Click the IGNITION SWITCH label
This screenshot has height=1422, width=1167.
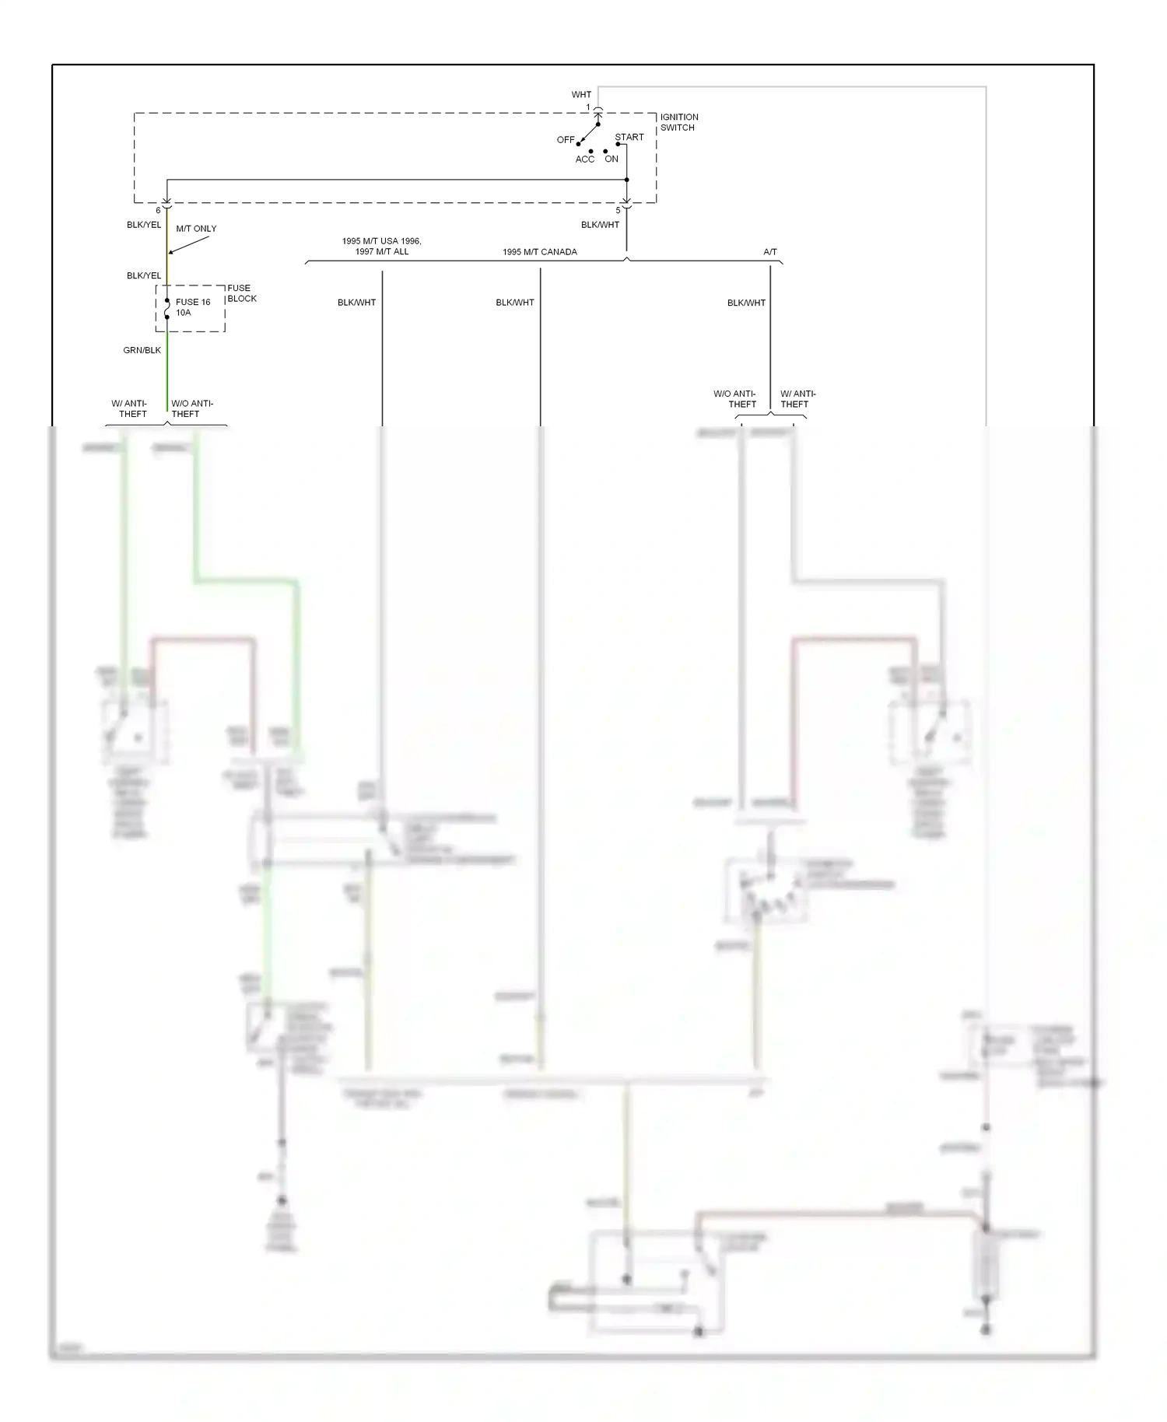tap(678, 122)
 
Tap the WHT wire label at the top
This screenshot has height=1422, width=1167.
tap(581, 95)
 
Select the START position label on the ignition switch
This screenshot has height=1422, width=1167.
tap(629, 137)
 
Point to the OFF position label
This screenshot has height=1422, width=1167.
tap(566, 140)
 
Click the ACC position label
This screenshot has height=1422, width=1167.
tap(585, 159)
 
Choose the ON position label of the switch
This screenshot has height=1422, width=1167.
tap(612, 159)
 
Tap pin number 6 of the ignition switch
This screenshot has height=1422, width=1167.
tap(158, 211)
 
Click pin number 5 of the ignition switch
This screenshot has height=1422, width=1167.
tap(619, 211)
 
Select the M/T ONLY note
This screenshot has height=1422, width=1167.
tap(196, 229)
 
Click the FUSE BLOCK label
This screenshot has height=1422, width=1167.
tap(241, 293)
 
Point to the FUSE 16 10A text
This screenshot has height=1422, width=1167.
tap(192, 307)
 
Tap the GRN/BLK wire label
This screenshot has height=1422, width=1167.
tap(142, 350)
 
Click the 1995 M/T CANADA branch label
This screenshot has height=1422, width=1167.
tap(539, 252)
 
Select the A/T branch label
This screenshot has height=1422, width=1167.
tap(769, 252)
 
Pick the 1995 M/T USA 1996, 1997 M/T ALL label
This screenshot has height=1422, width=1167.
tap(381, 247)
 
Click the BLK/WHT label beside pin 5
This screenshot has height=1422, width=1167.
tap(600, 225)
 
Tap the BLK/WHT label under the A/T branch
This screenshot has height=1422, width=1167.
tap(746, 303)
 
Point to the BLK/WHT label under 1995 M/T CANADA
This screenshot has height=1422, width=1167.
tap(515, 303)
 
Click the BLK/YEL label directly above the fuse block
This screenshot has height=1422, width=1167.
tap(144, 275)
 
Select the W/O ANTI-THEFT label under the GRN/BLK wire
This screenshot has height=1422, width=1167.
tap(191, 408)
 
